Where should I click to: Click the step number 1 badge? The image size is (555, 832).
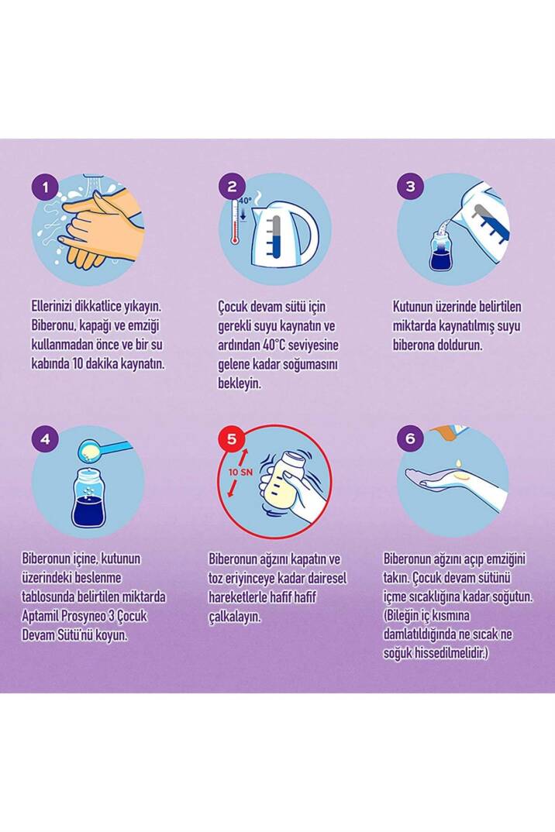tap(45, 187)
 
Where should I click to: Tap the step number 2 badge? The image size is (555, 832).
tap(232, 187)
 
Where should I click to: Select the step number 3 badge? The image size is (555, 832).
tap(411, 187)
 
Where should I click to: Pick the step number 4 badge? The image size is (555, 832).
tap(45, 439)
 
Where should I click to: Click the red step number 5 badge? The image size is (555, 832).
tap(232, 439)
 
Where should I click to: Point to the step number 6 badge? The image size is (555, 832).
tap(411, 438)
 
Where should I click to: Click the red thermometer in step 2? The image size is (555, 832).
tap(234, 223)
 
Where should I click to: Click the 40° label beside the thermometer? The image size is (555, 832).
tap(246, 201)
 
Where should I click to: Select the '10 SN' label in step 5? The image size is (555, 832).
tap(240, 472)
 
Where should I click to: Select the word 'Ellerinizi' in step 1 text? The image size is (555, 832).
tap(53, 307)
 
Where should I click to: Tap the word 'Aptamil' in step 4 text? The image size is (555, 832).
tap(40, 617)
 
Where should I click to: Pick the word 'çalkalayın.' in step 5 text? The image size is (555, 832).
tap(234, 617)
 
